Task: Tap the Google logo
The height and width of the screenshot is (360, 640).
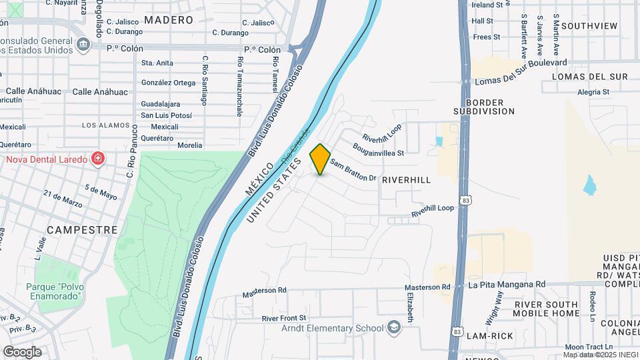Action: tap(22, 352)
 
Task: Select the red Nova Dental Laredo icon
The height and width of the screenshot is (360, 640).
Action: tap(98, 159)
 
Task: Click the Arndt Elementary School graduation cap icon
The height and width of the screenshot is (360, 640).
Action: tap(394, 327)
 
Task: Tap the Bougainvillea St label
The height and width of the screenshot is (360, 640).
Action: tap(378, 149)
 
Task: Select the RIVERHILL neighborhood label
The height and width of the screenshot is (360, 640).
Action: tap(406, 180)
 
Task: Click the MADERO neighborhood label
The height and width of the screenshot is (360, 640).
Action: tap(169, 20)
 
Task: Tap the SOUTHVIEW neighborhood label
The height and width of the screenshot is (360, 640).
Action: tap(589, 26)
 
